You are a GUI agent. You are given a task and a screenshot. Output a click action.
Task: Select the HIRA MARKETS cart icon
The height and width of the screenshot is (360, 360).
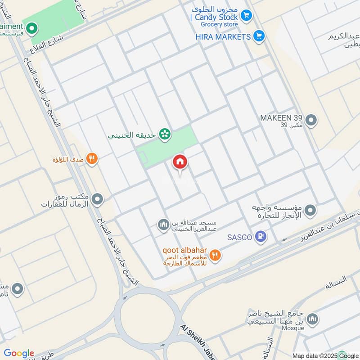[x=258, y=36]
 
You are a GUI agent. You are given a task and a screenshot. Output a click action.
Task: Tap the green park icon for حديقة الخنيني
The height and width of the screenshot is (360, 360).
[x=165, y=134]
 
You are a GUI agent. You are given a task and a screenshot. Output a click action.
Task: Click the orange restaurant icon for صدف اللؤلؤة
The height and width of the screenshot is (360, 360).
[x=92, y=158]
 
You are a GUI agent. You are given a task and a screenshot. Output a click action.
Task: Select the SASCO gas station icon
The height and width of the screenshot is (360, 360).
[x=261, y=236]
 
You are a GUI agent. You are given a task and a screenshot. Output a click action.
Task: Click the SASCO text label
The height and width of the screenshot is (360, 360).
[x=239, y=237]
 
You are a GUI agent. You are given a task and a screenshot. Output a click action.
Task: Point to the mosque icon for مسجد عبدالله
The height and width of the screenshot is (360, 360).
[x=162, y=224]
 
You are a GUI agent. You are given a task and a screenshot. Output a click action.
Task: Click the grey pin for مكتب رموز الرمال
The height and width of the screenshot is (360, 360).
[x=97, y=199]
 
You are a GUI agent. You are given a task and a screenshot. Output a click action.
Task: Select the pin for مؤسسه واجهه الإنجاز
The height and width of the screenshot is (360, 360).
[x=310, y=210]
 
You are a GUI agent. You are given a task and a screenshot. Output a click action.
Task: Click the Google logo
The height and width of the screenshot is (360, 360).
[x=19, y=353]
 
